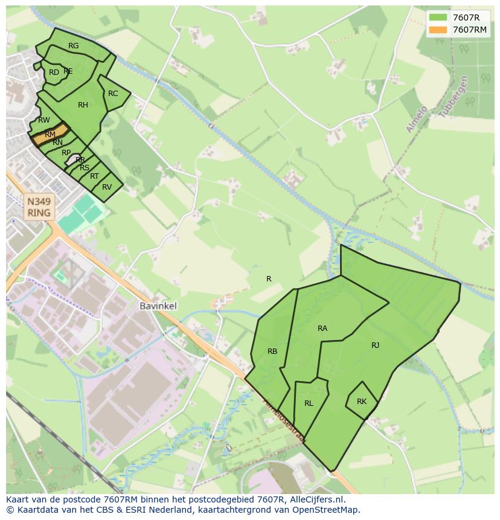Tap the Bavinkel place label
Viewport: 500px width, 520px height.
click(x=158, y=306)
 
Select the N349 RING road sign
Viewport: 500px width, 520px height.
click(x=39, y=206)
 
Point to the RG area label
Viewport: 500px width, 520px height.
click(x=73, y=46)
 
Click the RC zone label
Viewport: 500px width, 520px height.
click(x=113, y=94)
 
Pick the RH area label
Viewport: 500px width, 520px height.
click(x=83, y=105)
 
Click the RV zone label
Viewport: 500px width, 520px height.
click(x=107, y=187)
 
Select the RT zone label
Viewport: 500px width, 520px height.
click(x=94, y=176)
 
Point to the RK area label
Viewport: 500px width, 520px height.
click(x=362, y=402)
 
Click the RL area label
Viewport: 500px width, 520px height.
click(x=309, y=403)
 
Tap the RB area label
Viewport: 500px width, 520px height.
click(x=272, y=351)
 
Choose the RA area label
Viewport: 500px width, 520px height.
click(x=322, y=329)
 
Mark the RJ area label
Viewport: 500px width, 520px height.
click(x=375, y=345)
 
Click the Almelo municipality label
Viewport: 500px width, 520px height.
click(x=417, y=119)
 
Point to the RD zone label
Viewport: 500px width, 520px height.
click(x=54, y=72)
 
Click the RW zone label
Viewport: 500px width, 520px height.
click(x=43, y=120)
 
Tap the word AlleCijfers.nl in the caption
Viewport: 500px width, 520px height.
click(x=316, y=499)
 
